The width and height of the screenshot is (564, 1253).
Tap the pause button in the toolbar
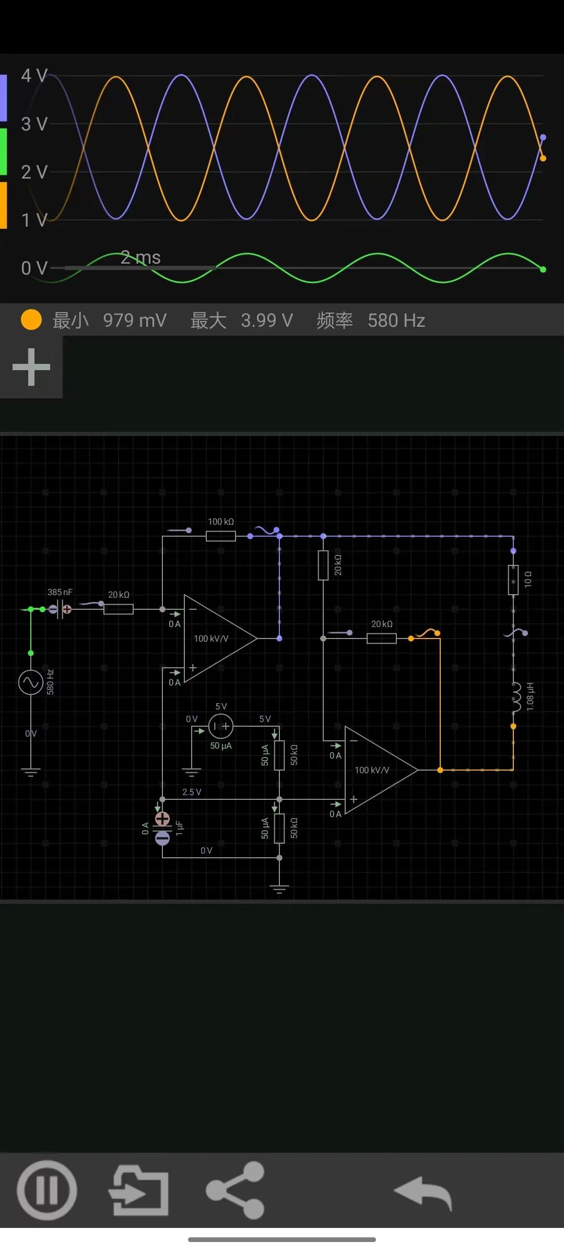[x=46, y=1190]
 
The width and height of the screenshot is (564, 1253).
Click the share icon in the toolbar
[x=236, y=1190]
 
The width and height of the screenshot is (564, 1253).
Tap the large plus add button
[x=31, y=367]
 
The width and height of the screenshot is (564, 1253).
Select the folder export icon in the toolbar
[x=139, y=1190]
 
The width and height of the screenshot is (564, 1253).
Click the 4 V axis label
[x=34, y=76]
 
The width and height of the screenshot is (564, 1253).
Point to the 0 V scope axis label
[x=34, y=268]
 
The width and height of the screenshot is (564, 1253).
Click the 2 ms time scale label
[x=140, y=257]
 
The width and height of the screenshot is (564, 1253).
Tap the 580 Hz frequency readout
[x=396, y=320]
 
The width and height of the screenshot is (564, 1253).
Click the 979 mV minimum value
[x=135, y=320]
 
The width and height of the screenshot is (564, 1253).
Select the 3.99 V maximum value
[x=266, y=320]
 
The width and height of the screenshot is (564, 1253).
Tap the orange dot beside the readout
[x=31, y=320]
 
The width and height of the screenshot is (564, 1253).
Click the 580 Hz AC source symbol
[x=31, y=682]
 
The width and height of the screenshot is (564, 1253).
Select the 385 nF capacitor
[x=60, y=609]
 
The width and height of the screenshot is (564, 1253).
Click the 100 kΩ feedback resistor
[x=220, y=536]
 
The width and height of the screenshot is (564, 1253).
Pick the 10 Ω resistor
[x=513, y=580]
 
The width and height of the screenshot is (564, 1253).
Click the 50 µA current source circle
[x=221, y=726]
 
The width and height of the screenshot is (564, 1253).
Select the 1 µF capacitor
[x=162, y=828]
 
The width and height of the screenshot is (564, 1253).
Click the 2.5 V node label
[x=192, y=792]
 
